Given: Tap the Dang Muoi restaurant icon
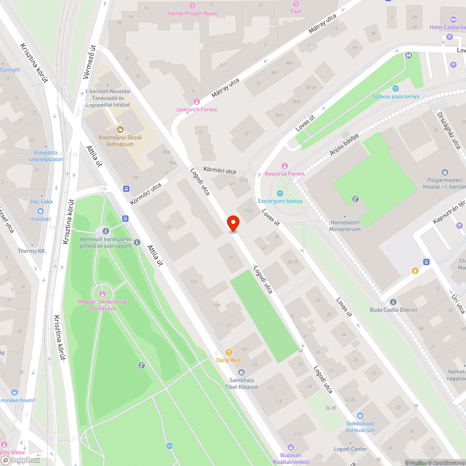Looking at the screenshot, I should point(229,352).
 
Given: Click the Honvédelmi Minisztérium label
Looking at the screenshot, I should point(345,226).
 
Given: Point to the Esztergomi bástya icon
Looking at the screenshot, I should point(280,193).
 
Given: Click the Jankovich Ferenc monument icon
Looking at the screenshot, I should point(196,101).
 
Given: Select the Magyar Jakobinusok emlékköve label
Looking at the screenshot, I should point(103,305).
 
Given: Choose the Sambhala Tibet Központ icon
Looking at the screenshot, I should point(241,372).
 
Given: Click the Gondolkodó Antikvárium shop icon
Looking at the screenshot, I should point(360,416).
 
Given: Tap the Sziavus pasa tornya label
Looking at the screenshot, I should point(396,96).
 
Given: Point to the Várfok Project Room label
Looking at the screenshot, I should point(192,14).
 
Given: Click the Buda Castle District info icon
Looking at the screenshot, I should point(393,302).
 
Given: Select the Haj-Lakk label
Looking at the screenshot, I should point(42,202).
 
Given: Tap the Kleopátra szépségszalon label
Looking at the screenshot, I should point(46,156).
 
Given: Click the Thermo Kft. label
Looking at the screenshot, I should point(32,251).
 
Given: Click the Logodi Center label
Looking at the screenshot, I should point(350,449).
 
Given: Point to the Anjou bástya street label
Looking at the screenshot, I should point(344,145).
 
